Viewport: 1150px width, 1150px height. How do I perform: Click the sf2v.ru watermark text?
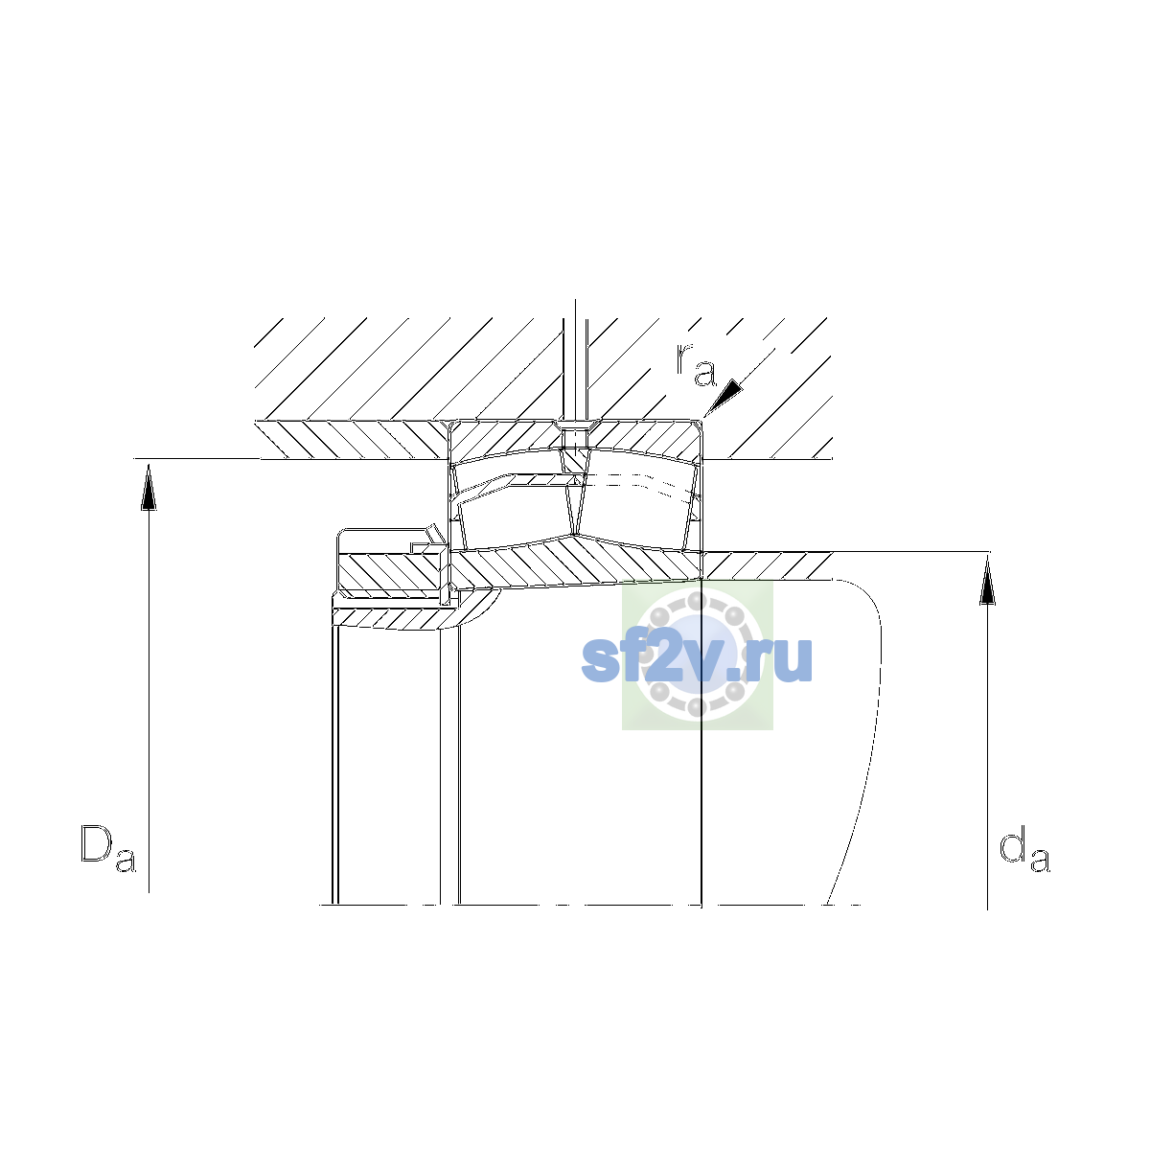(697, 658)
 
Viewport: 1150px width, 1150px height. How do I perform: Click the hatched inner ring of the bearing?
(573, 563)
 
